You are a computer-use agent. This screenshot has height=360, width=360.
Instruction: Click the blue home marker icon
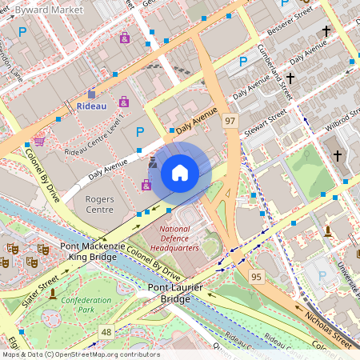[180, 173]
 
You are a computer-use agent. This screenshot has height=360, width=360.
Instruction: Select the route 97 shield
[230, 120]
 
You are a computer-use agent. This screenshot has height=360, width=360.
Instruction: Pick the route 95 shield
[256, 277]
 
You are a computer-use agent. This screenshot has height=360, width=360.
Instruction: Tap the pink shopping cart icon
[39, 142]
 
